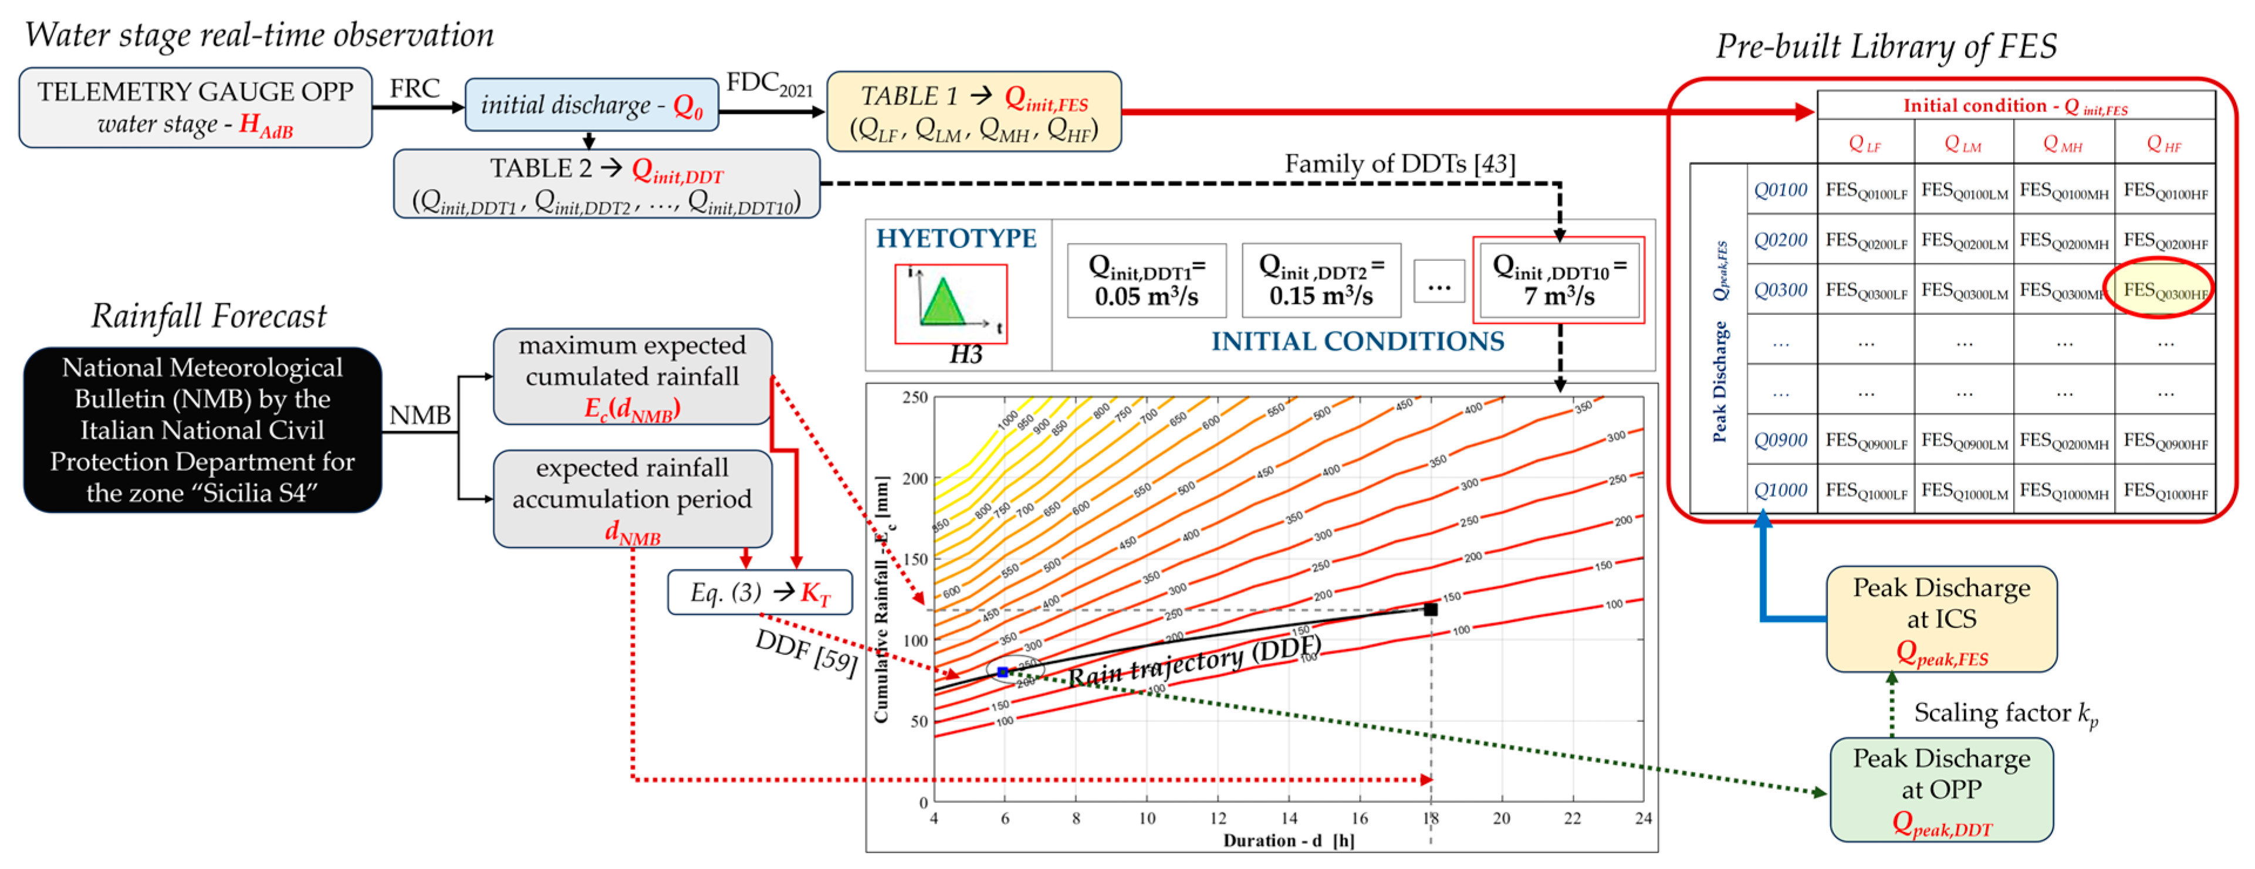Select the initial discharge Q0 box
coord(591,105)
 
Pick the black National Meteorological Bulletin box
coord(202,430)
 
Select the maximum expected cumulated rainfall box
coord(632,376)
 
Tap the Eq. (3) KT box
coord(759,592)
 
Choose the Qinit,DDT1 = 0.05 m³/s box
coord(1146,280)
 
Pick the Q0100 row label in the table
coord(1780,190)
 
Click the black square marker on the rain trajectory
coord(1431,609)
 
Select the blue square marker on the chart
coord(1003,672)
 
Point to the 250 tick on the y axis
coord(915,398)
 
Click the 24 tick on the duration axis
coord(1643,818)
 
